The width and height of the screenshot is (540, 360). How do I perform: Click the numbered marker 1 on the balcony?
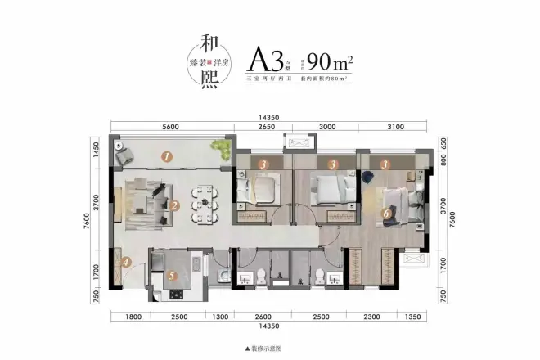[166, 155]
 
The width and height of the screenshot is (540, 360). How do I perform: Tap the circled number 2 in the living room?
[173, 206]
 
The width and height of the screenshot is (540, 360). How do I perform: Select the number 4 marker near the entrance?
[127, 263]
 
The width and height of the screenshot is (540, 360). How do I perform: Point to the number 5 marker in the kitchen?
[172, 276]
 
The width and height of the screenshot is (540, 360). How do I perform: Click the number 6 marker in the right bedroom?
[386, 214]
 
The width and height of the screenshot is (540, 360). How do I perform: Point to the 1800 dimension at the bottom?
[135, 317]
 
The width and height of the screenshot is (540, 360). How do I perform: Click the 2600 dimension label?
[263, 317]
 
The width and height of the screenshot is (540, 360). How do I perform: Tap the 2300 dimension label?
[372, 317]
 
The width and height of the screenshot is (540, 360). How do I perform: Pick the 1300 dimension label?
[219, 317]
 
